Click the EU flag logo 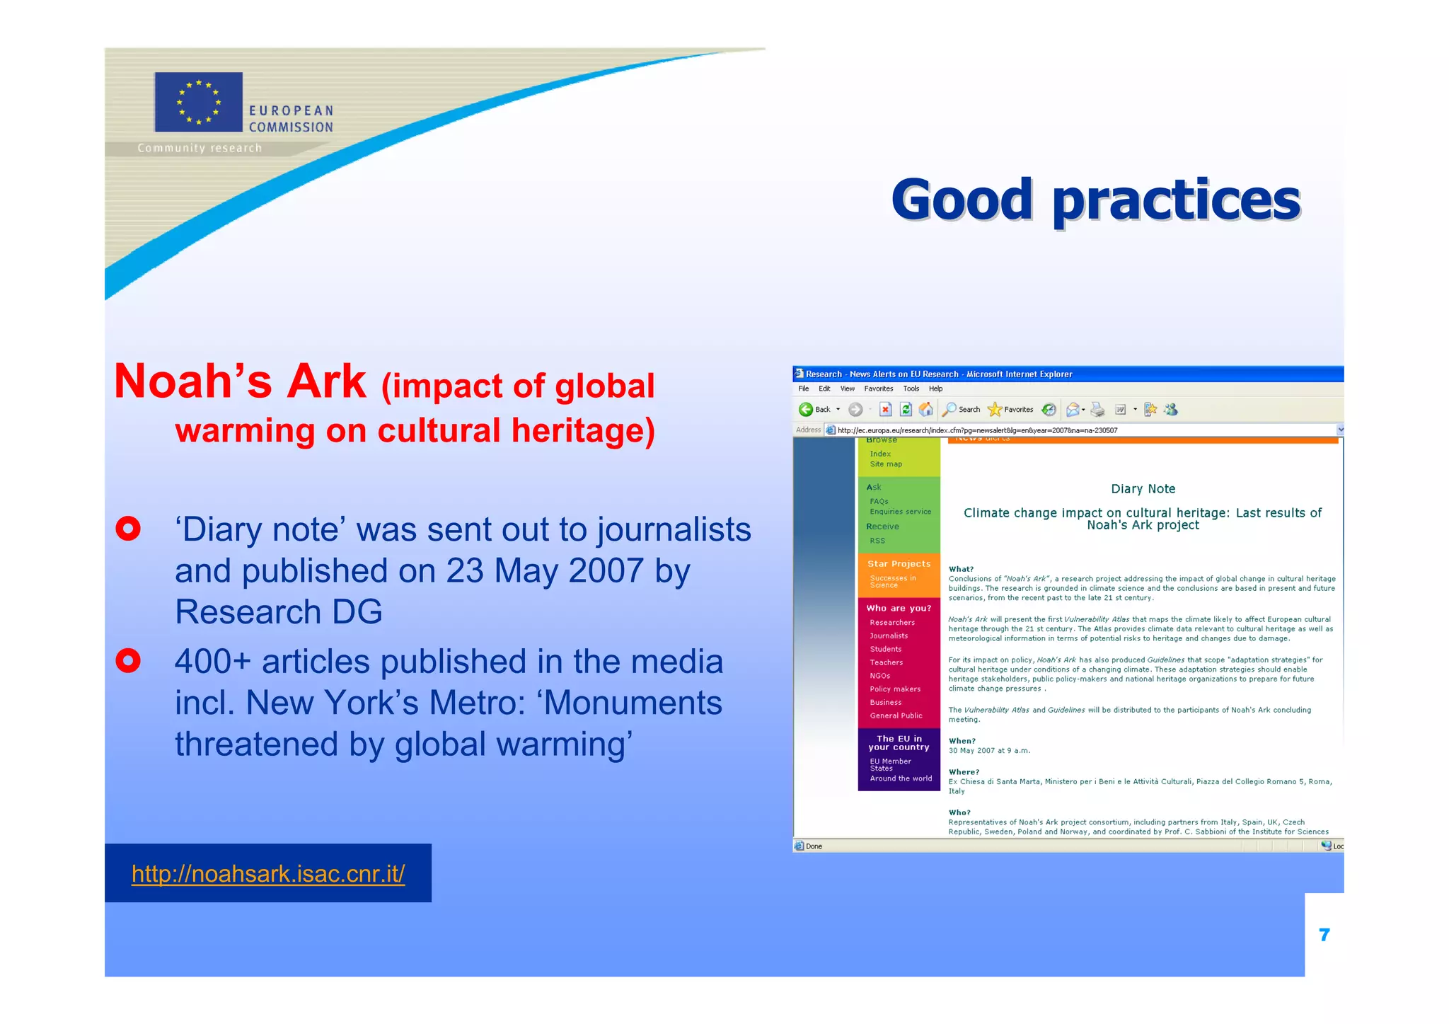coord(198,102)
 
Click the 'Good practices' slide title coord(1095,200)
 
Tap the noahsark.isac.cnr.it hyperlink coord(268,874)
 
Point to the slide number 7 coord(1324,936)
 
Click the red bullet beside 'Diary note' coord(128,529)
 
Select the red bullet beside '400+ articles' coord(128,661)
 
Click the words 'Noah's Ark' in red coord(241,382)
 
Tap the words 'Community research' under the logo coord(200,148)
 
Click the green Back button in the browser coord(806,410)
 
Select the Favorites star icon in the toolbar coord(995,410)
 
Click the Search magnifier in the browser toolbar coord(950,410)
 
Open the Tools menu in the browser coord(911,389)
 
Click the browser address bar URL coord(977,430)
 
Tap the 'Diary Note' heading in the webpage coord(1143,489)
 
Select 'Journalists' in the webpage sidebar coord(889,636)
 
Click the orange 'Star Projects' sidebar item coord(899,564)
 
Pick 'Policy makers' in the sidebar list coord(895,689)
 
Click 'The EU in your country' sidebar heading coord(899,743)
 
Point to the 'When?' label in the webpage coord(962,741)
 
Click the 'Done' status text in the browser coord(814,846)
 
